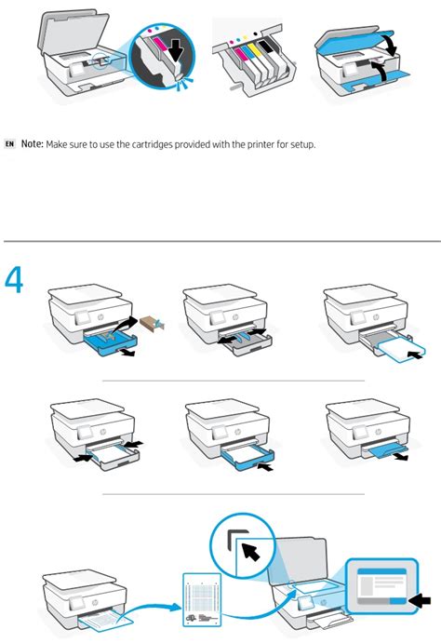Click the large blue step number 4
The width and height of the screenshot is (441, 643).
(x=14, y=280)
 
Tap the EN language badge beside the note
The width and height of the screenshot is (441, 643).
(x=10, y=144)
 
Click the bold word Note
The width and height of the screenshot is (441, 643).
(x=32, y=143)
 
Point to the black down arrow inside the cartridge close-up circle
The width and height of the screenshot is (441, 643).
(x=177, y=50)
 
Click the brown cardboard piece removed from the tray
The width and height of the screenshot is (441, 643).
(x=152, y=325)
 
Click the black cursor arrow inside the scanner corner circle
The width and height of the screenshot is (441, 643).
(x=251, y=551)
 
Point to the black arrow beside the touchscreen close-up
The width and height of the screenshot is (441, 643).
(x=421, y=601)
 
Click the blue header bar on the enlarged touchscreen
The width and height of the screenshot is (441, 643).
(x=381, y=571)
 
